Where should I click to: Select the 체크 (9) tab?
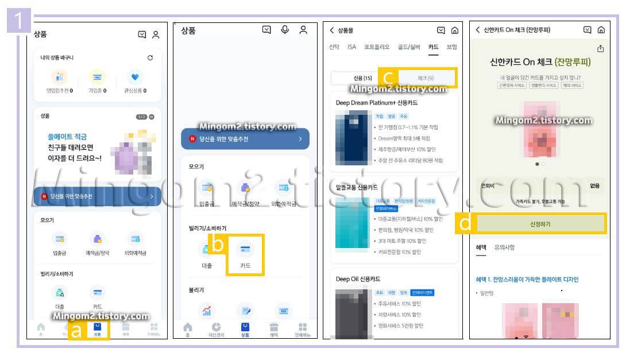pos(426,78)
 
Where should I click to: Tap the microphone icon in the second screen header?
pos(285,30)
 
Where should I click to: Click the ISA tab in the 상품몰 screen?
pos(351,47)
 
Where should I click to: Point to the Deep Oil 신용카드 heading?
pos(358,279)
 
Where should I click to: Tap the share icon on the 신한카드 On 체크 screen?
pos(601,49)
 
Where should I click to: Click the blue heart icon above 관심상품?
pos(135,77)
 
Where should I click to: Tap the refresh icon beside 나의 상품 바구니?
pos(150,58)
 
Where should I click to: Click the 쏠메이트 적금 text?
pos(67,137)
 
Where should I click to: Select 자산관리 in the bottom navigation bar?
pos(216,330)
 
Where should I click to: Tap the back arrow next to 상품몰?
pos(331,30)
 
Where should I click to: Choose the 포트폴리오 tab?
pos(376,47)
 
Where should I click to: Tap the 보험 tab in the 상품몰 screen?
pos(451,47)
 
